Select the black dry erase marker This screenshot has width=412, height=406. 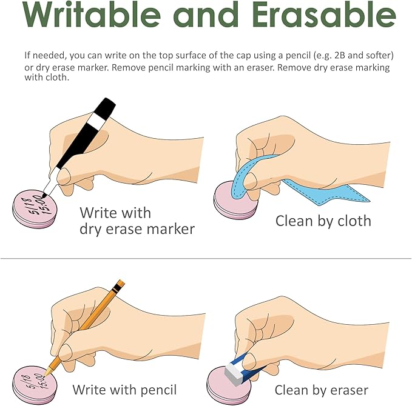[79, 148]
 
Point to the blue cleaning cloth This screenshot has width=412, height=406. [289, 181]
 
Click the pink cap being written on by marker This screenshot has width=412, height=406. [35, 209]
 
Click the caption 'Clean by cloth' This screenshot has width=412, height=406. [323, 221]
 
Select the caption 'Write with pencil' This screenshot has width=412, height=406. [124, 390]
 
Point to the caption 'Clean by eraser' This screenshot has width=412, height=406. [322, 390]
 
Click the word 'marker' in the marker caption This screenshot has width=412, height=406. [171, 229]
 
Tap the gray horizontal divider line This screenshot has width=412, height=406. [206, 259]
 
